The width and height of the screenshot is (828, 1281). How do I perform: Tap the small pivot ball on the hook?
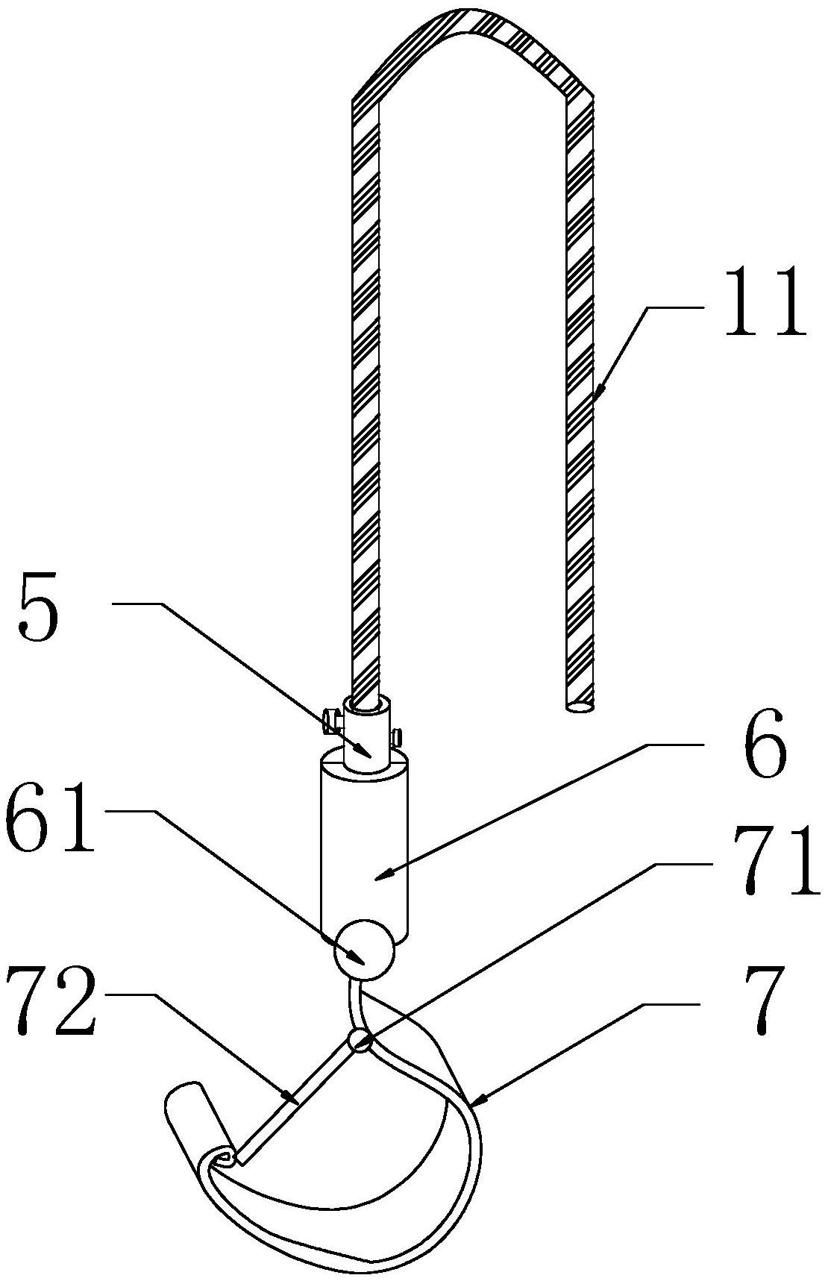(x=360, y=1042)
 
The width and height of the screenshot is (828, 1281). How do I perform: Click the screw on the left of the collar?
(x=331, y=721)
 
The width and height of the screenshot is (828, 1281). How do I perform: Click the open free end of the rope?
(x=579, y=704)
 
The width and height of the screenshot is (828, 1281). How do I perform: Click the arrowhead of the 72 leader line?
(x=292, y=1098)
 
